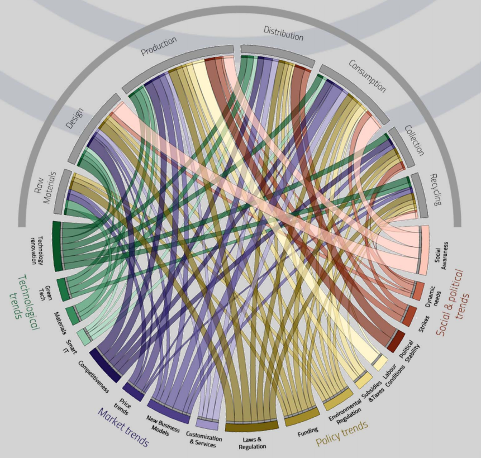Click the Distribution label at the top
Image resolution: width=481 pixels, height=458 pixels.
click(x=283, y=34)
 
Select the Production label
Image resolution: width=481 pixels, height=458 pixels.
click(x=159, y=46)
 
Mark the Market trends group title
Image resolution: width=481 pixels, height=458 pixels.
click(x=123, y=427)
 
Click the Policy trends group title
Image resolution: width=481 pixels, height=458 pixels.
click(x=342, y=434)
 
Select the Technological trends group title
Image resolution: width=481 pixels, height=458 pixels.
click(x=25, y=296)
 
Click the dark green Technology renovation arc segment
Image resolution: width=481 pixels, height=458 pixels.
click(x=56, y=246)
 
